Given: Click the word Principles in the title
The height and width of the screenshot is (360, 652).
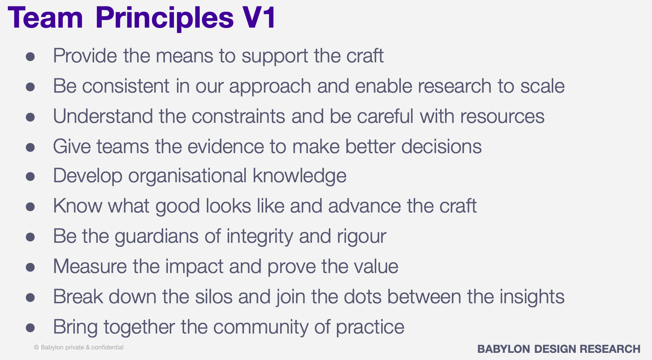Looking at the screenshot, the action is tap(165, 18).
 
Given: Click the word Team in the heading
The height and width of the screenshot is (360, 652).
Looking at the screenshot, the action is tap(45, 18).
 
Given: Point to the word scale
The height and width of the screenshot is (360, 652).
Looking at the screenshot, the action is tap(542, 86).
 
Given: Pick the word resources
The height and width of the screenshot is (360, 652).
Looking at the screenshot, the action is tap(502, 116).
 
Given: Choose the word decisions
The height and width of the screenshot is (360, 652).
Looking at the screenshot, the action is tap(441, 146).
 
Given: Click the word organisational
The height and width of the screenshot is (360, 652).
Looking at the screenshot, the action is tap(188, 176).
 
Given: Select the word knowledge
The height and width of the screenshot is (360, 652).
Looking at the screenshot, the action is tap(300, 176).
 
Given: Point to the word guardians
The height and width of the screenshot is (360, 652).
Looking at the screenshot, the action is tap(157, 237).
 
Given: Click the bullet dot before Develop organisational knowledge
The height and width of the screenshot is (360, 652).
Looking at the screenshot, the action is tap(30, 177).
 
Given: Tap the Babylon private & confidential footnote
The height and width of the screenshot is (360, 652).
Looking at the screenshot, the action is tap(79, 347).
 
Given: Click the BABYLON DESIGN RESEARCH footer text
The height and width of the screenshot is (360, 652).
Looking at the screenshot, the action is tap(559, 349).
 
